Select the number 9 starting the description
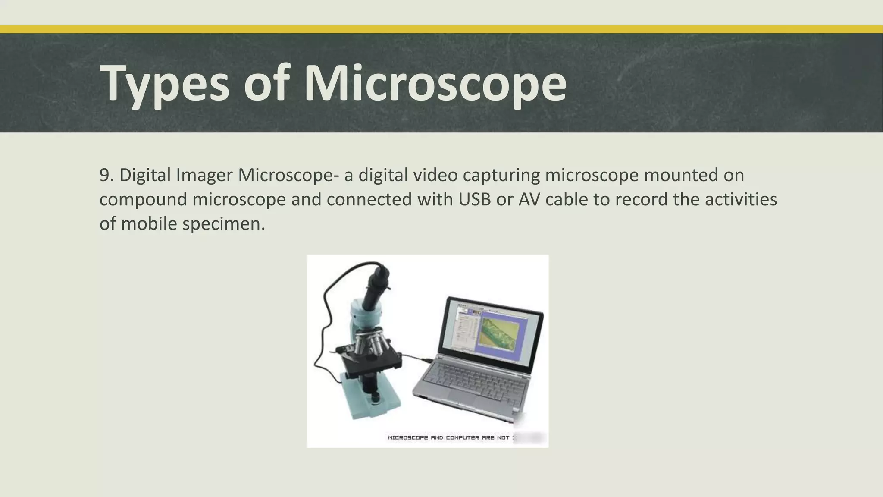click(104, 175)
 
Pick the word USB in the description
click(474, 199)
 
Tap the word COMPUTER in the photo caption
click(463, 438)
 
